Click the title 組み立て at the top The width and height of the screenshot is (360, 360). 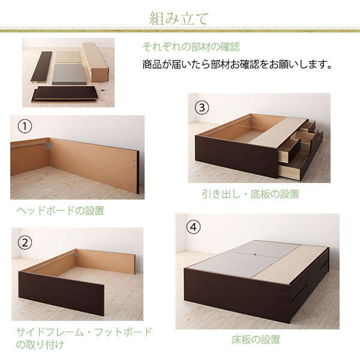coord(179,19)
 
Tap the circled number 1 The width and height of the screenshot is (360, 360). coord(25,126)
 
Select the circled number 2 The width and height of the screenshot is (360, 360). coord(25,242)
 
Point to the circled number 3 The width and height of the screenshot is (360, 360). coord(202,107)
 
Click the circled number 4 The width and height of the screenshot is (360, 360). coord(193,227)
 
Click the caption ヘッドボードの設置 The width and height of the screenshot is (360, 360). coord(61,211)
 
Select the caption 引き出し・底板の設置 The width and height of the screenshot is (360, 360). coord(250,194)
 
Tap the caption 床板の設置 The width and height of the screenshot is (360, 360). coord(256,340)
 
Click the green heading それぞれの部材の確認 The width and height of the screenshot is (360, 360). coord(191,47)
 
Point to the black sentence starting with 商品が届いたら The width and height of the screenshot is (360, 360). coord(238,64)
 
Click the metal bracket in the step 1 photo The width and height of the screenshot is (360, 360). coord(48,146)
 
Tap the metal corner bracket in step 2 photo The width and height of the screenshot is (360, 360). coord(76,254)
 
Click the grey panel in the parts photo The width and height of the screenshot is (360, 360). coord(69,74)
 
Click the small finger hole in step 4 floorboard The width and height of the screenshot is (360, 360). coord(255,254)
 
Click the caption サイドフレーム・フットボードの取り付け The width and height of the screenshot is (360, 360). coord(84,338)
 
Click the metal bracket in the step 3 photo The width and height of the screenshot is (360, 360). coord(251,119)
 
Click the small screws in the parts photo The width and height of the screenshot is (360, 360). coord(104,90)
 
